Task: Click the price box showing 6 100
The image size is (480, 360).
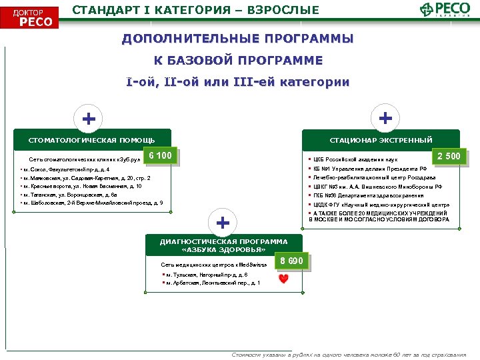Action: [160, 157]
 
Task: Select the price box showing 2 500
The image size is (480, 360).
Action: [447, 157]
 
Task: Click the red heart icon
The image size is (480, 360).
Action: [283, 279]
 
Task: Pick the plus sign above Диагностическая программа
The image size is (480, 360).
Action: [223, 221]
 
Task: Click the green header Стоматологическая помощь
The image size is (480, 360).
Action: [92, 140]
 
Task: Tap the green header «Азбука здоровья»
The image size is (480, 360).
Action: [223, 245]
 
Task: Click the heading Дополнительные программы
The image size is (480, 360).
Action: [238, 39]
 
